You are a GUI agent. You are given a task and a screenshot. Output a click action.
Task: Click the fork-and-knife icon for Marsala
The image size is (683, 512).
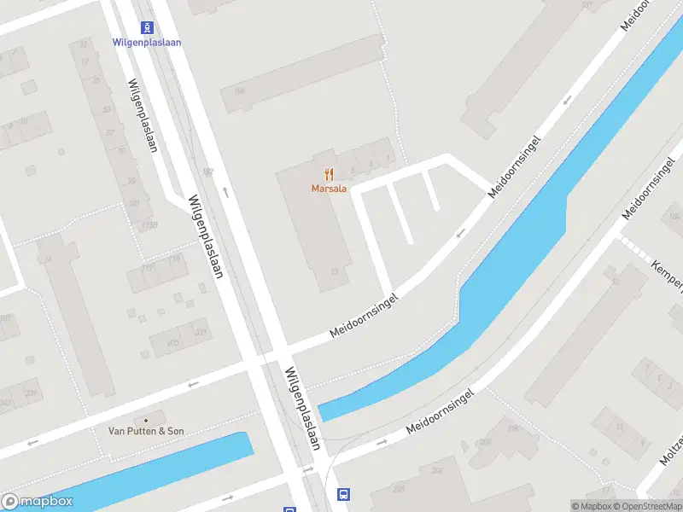(329, 174)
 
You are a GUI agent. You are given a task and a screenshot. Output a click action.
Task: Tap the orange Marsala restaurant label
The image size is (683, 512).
(329, 189)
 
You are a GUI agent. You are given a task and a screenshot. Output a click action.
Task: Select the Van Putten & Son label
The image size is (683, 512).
(145, 431)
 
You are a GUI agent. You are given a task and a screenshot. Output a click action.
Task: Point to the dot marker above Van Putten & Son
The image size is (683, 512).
(145, 419)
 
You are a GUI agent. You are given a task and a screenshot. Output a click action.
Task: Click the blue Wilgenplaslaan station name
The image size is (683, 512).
(147, 42)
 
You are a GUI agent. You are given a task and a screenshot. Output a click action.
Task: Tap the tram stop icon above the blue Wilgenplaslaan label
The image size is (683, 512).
(147, 27)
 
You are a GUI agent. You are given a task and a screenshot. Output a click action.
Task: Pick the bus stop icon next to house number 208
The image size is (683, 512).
(344, 494)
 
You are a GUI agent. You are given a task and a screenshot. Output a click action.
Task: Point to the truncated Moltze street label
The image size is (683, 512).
(671, 451)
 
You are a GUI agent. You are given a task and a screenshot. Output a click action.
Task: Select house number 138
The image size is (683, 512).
(151, 225)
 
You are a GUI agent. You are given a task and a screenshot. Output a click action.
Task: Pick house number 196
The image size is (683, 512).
(511, 430)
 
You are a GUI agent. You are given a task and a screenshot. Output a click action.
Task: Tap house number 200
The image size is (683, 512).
(485, 442)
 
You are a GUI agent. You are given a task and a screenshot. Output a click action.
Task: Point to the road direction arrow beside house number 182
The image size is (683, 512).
(225, 191)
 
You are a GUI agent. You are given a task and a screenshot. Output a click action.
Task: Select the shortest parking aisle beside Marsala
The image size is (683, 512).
(431, 189)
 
